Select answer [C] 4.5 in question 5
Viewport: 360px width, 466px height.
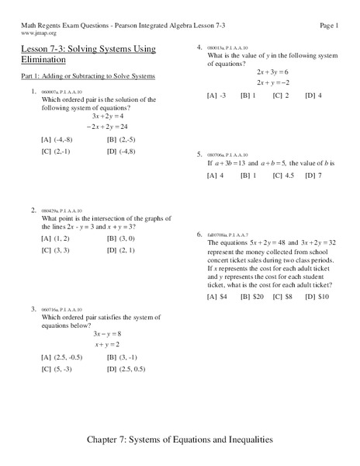[x=282, y=176]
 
